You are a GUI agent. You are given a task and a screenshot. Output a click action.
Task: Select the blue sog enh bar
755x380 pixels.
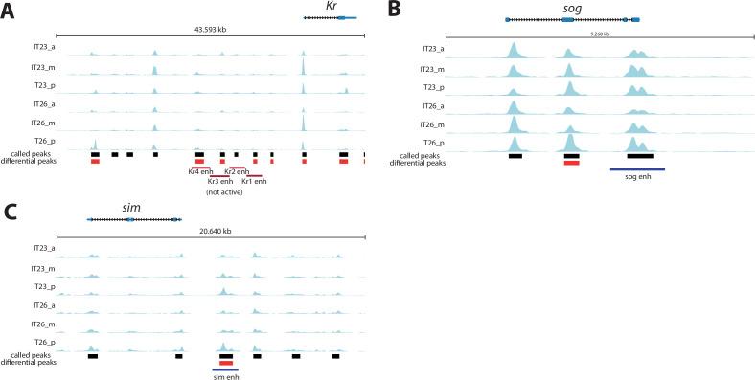(637, 169)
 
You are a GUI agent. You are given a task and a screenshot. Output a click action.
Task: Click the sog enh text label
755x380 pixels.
(637, 178)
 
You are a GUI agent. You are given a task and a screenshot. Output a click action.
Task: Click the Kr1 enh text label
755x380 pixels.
(254, 181)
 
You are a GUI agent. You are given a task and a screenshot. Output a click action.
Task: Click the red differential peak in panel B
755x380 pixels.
(571, 163)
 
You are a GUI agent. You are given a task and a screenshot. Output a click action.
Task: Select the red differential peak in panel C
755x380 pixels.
(226, 363)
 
